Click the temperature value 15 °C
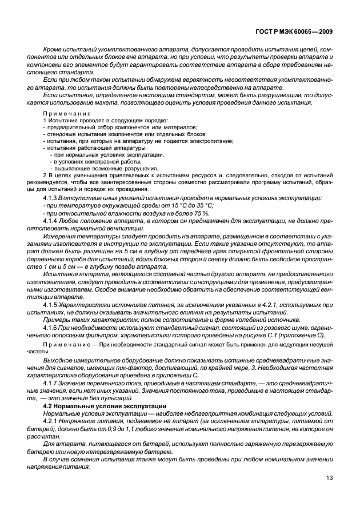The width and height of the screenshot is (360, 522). tap(173, 205)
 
